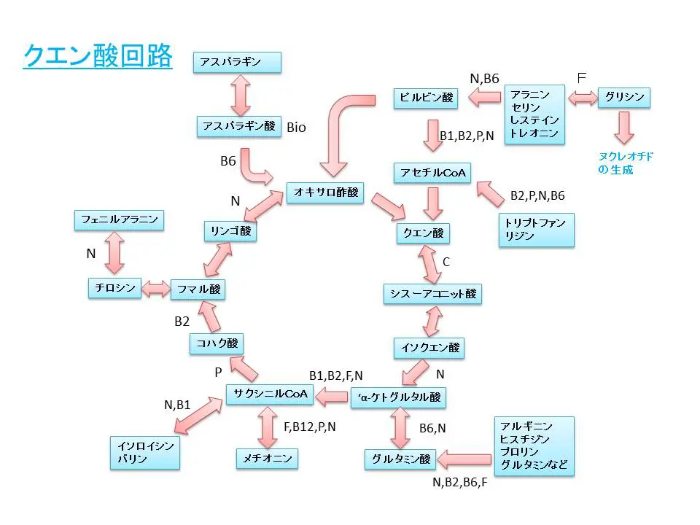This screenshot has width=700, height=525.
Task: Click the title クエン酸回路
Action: click(x=98, y=55)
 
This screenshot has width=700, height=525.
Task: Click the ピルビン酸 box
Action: click(x=427, y=98)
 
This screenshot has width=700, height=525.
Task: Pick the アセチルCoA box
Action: click(x=432, y=173)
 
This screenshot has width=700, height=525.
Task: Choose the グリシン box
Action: click(x=624, y=97)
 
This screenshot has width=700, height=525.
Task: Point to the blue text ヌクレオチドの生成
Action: click(x=616, y=163)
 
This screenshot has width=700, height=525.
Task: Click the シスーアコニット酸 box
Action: click(x=432, y=293)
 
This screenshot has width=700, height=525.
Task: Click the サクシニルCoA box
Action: click(x=270, y=394)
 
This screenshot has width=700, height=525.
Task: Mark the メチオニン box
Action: click(x=268, y=459)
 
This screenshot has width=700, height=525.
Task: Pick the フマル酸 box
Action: click(x=198, y=289)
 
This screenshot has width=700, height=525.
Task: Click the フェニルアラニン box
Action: click(x=120, y=219)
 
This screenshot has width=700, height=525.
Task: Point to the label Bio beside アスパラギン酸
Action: click(x=297, y=128)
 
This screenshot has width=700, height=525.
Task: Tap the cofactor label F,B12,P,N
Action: click(x=310, y=427)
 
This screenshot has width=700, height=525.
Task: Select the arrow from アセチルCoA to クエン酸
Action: click(x=433, y=203)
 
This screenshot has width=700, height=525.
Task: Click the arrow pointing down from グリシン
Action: click(x=623, y=128)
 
